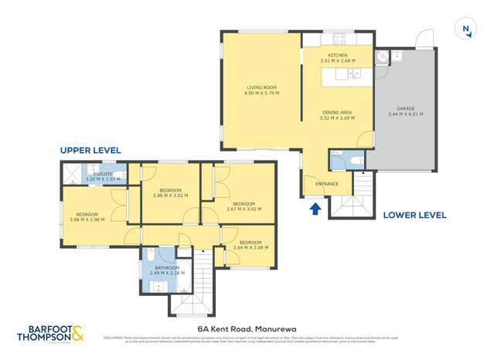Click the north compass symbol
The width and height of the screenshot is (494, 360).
point(465,29)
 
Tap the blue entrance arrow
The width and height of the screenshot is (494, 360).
point(315,208)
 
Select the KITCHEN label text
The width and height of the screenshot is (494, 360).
point(338,56)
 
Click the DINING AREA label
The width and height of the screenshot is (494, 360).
point(338,113)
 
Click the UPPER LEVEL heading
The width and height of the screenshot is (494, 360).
point(90,149)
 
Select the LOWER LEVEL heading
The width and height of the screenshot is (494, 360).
point(414,216)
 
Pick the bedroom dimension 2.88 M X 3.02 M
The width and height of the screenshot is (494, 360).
point(170,195)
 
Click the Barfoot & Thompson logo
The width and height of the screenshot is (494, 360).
point(50,334)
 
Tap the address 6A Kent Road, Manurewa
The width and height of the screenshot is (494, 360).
point(246,328)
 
